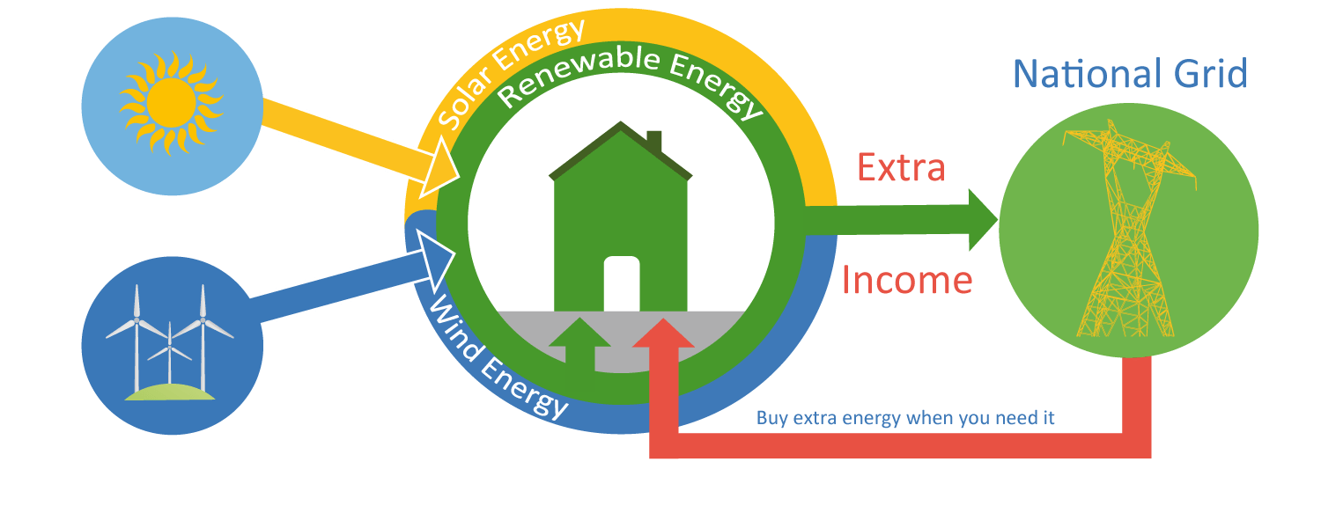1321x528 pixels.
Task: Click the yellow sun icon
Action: click(x=171, y=103)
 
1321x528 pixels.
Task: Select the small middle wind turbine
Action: click(x=170, y=354)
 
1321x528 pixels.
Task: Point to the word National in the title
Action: click(x=1086, y=74)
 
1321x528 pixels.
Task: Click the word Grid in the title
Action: click(x=1211, y=74)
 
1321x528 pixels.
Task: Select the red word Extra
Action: click(x=901, y=167)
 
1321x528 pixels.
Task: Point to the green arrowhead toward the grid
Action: click(x=983, y=220)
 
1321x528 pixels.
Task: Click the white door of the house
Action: click(x=622, y=283)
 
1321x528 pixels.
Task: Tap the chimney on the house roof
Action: click(x=654, y=141)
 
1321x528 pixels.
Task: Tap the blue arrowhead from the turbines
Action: click(x=437, y=260)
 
